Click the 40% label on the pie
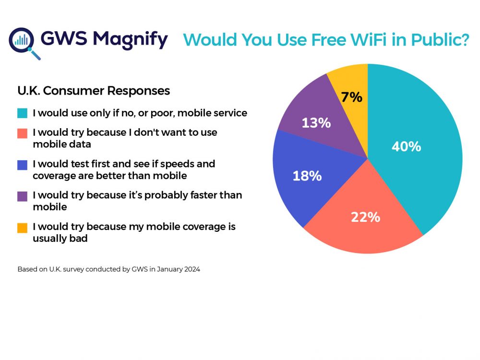pos(406,146)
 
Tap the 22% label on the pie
pos(365,217)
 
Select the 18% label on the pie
pos(307,176)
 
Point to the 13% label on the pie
pos(316,123)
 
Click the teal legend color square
pos(22,114)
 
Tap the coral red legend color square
pos(22,132)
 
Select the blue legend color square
pos(22,164)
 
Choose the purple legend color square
pos(22,196)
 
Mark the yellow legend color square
pos(22,227)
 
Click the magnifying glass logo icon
pos(23,42)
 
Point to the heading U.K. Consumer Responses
pos(94,90)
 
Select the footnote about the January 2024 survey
pos(108,269)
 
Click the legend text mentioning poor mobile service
pos(140,114)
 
